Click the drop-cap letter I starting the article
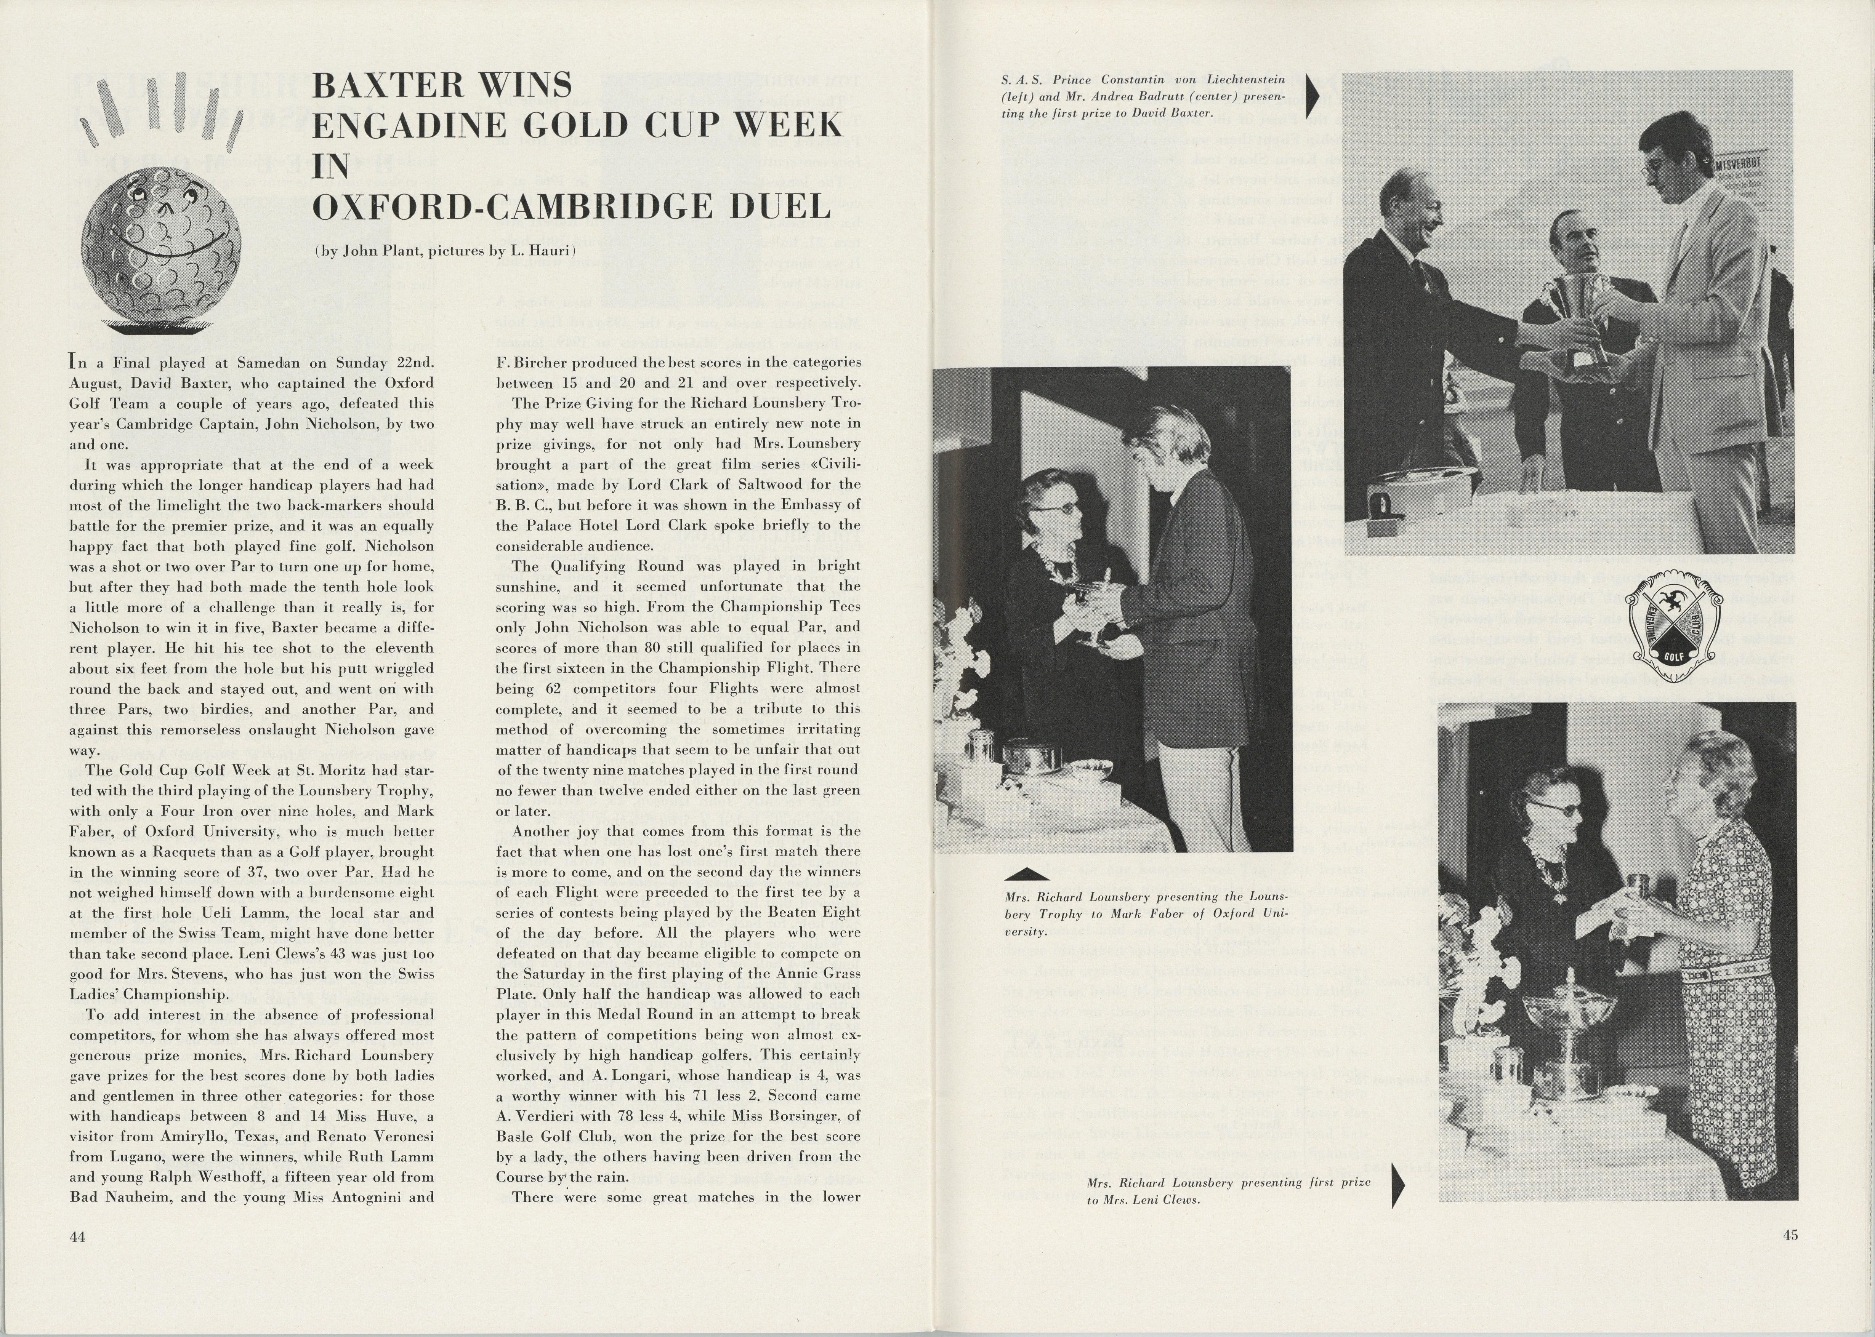coord(74,362)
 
